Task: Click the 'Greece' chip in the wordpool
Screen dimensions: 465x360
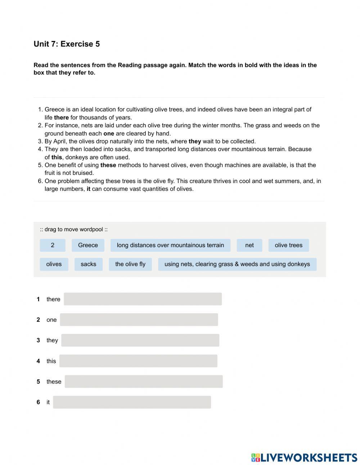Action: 88,245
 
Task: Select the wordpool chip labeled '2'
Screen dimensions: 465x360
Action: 53,245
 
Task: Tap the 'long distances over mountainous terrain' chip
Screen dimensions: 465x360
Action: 170,245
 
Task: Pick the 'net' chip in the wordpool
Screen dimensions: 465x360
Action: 249,245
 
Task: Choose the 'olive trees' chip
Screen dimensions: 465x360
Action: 288,245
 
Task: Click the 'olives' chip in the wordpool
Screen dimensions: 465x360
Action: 54,264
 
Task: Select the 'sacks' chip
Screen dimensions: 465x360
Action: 88,264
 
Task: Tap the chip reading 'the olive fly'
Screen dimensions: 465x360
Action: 130,264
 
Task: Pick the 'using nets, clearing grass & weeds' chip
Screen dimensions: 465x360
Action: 237,264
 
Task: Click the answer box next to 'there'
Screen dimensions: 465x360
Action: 143,299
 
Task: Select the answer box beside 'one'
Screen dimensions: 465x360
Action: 139,320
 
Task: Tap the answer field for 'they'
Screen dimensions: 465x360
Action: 140,340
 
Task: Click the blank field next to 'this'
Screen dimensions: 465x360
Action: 138,361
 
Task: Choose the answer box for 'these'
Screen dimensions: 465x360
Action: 144,382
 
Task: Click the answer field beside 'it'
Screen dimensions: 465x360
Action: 132,402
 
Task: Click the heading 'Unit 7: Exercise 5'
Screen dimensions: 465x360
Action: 67,44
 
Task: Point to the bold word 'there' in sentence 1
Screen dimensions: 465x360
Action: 61,118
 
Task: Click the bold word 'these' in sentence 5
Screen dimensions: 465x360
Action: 108,165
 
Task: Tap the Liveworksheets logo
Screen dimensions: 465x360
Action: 304,457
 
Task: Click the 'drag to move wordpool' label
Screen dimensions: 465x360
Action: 74,229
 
